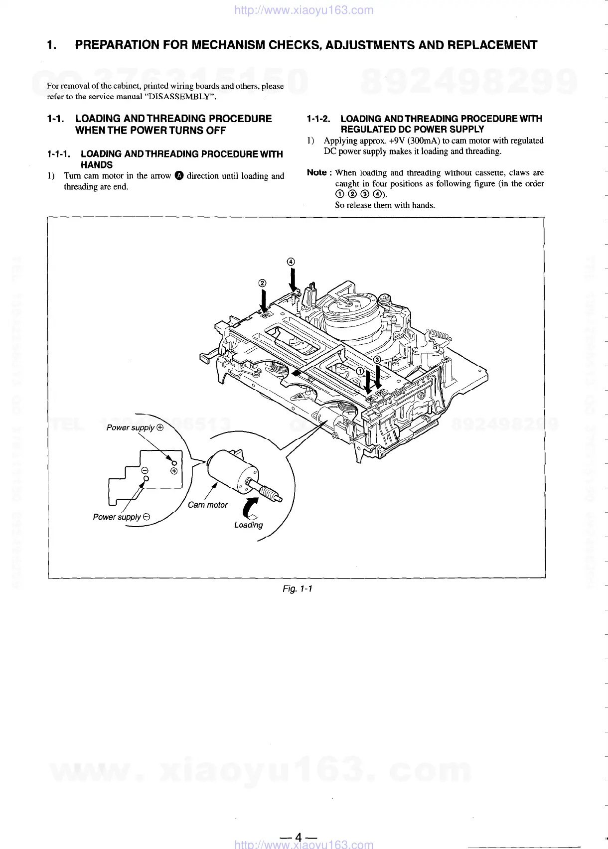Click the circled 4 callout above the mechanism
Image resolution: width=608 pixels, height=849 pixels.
[x=291, y=262]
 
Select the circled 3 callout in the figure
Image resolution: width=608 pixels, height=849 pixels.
[x=377, y=359]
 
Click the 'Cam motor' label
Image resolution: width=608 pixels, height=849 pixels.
[x=207, y=505]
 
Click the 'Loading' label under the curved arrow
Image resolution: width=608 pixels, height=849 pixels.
[x=248, y=525]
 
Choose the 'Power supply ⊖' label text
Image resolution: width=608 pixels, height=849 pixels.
[x=121, y=517]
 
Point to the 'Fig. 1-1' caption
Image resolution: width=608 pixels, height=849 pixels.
[x=297, y=589]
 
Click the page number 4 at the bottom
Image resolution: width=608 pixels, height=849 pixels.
[x=298, y=837]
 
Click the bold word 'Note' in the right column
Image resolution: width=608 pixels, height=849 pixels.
[x=316, y=172]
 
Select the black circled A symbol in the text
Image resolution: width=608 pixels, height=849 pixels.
[x=179, y=175]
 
